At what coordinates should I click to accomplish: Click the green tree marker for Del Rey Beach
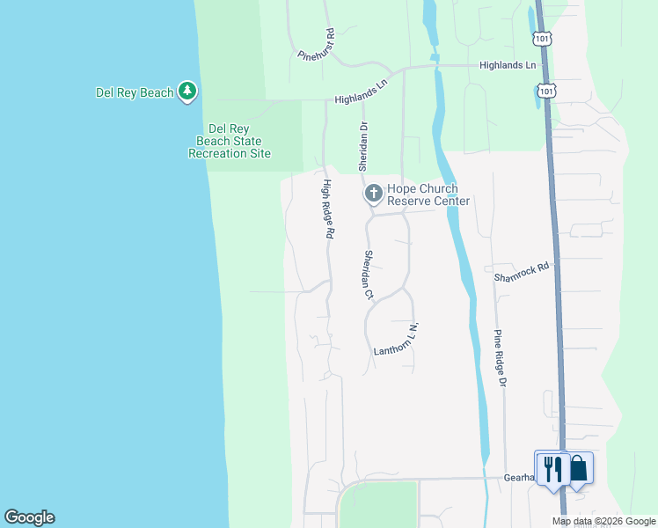pos(186,91)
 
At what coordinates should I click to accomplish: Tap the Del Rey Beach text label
pos(134,92)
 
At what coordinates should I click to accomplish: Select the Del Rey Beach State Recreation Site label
pos(230,141)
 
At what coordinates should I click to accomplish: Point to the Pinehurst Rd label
pos(317,45)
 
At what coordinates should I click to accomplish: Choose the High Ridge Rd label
pos(327,209)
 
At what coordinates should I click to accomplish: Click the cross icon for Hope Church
pos(374,193)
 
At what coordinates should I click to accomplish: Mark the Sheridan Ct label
pos(369,274)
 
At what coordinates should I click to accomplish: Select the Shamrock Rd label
pos(522,271)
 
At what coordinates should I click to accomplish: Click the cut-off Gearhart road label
pos(519,477)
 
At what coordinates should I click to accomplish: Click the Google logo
pos(29,517)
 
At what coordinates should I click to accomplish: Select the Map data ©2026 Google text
pos(603,521)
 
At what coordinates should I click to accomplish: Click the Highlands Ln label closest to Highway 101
pos(508,65)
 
